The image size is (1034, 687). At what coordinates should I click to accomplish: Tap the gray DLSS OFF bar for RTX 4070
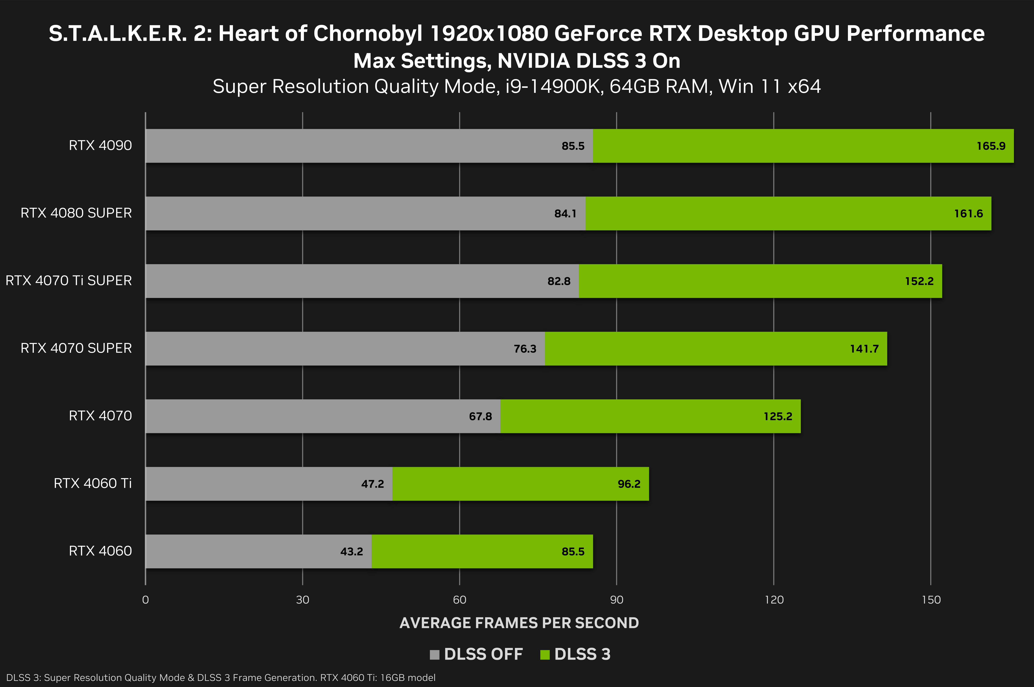pos(307,416)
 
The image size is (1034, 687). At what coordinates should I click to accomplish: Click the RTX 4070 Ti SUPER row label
pos(69,280)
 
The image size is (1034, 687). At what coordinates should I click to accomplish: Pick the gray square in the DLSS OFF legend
pos(434,655)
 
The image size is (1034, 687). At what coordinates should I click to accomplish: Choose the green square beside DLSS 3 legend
pos(545,655)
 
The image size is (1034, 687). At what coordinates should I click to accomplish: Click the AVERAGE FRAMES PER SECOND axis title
pos(519,623)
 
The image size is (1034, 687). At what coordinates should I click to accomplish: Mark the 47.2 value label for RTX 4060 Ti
pos(372,484)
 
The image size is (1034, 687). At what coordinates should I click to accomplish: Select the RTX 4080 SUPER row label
pos(76,213)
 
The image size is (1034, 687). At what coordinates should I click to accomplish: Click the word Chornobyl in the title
pos(368,34)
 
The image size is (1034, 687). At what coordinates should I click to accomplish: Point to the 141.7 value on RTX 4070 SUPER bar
pos(864,349)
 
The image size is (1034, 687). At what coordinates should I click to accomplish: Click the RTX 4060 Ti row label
pos(92,483)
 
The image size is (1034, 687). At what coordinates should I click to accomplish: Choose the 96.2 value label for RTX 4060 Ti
pos(629,484)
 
